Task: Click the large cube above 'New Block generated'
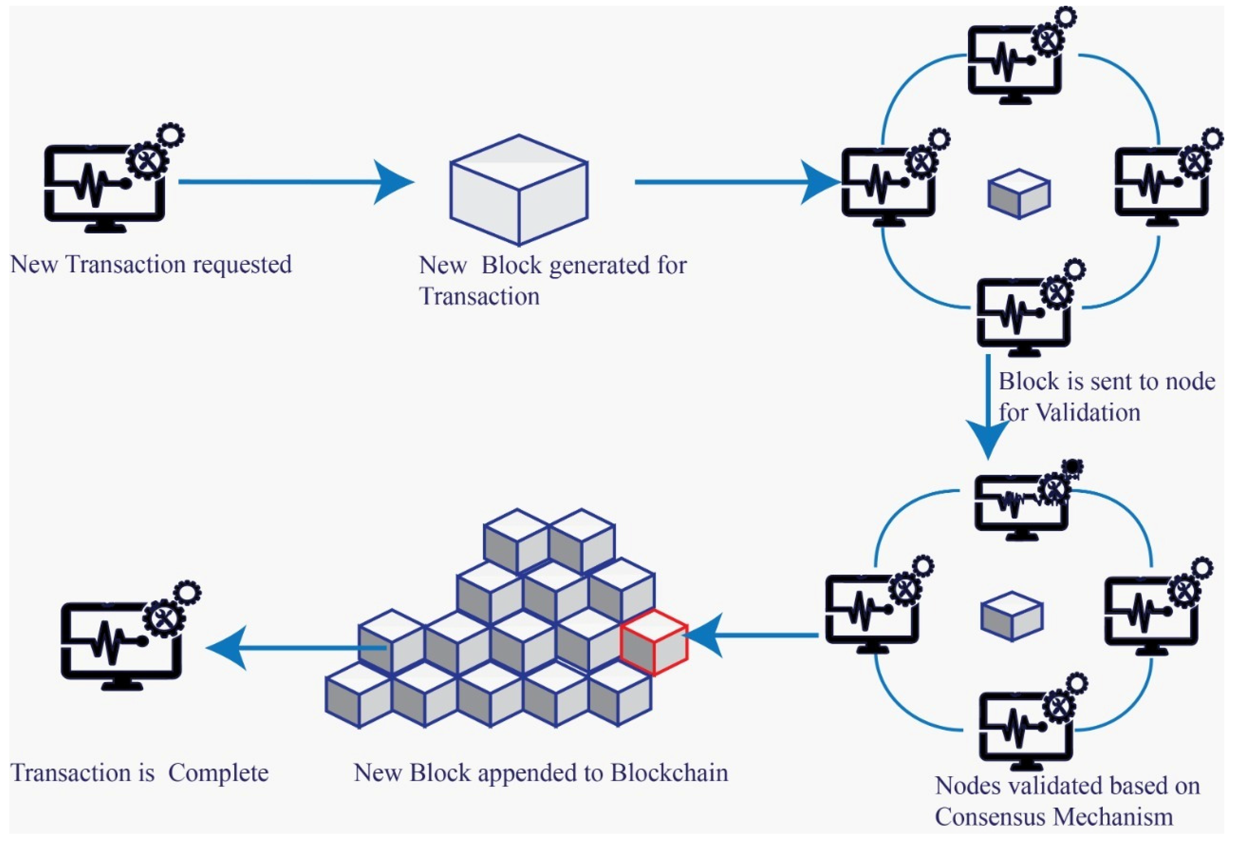coord(518,190)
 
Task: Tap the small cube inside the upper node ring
coord(1018,194)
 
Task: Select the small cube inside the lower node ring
coord(1011,616)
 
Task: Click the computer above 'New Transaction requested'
coord(106,183)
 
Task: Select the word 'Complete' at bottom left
coord(218,773)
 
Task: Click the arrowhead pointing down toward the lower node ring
coord(987,438)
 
